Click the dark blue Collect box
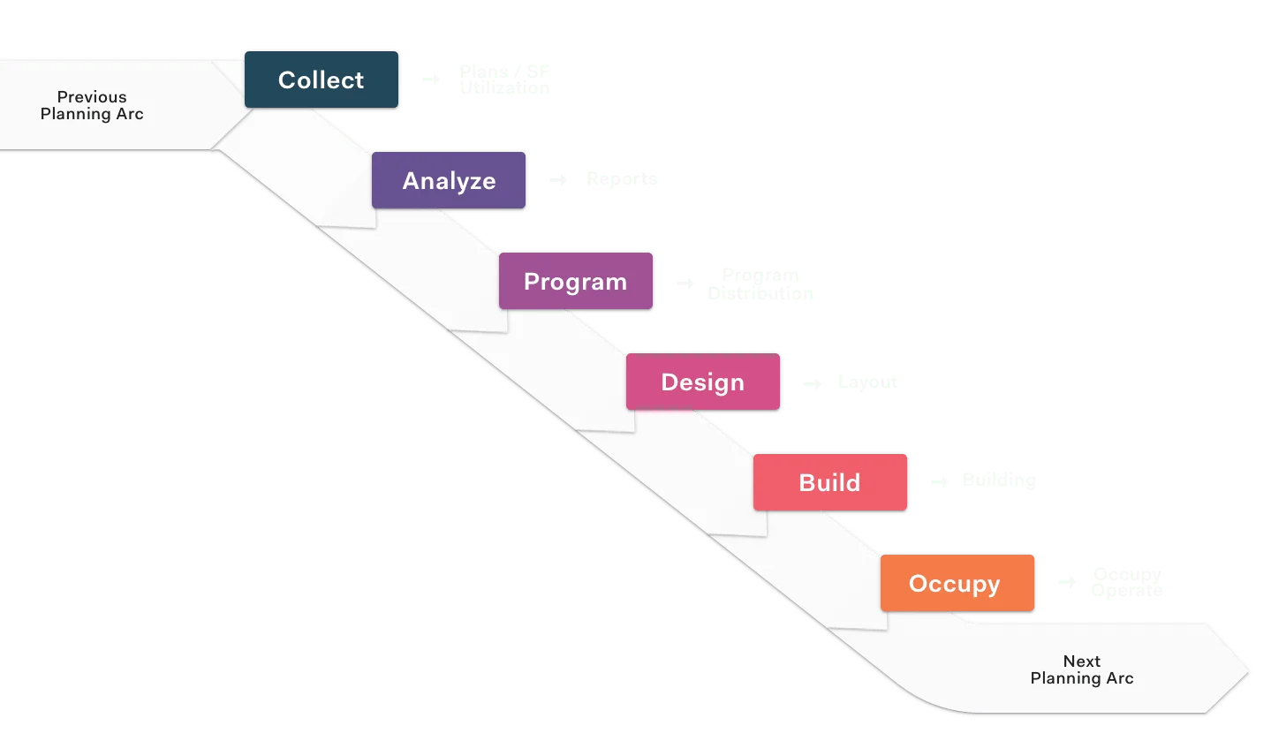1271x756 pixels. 322,79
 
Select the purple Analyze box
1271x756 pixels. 449,180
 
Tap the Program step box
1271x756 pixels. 576,281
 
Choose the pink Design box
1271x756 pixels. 703,382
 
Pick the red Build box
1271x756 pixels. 830,482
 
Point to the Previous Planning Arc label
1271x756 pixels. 92,105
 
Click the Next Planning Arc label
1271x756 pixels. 1082,669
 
